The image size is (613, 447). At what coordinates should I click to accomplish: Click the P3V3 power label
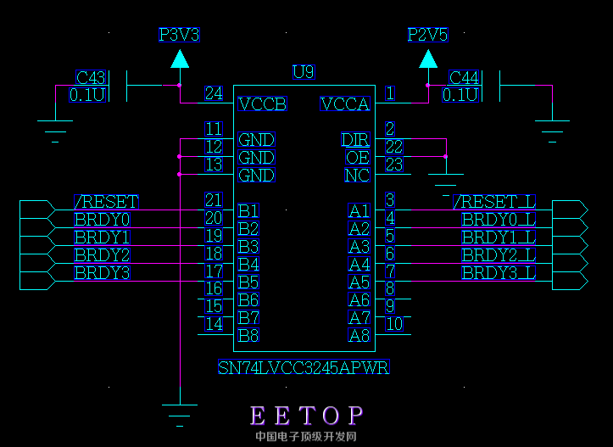pos(179,35)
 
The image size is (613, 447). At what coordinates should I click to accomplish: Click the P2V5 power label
pos(427,35)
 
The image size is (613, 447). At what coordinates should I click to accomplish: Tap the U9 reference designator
pos(303,72)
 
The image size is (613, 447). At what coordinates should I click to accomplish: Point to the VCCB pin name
pos(262,104)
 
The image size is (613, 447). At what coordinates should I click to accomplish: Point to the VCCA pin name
pos(345,104)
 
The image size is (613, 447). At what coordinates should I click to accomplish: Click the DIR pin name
pos(356,140)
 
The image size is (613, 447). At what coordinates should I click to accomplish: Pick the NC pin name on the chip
pos(357,176)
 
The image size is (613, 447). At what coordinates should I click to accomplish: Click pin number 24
pos(214,93)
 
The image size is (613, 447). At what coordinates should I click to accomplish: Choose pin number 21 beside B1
pos(214,200)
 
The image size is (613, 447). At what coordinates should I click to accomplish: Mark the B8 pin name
pos(248,335)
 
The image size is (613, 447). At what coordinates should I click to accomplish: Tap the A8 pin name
pos(359,335)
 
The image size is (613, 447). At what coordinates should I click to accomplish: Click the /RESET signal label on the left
pos(106,202)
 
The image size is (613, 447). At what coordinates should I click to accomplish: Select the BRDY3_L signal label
pos(499,273)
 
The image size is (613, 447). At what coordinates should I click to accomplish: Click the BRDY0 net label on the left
pos(102,220)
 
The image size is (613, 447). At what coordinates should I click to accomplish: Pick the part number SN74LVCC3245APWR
pos(304,368)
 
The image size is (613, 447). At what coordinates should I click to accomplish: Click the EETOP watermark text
pos(307,416)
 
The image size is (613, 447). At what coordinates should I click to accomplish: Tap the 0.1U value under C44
pos(461,95)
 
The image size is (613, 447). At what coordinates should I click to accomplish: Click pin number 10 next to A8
pos(393,323)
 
